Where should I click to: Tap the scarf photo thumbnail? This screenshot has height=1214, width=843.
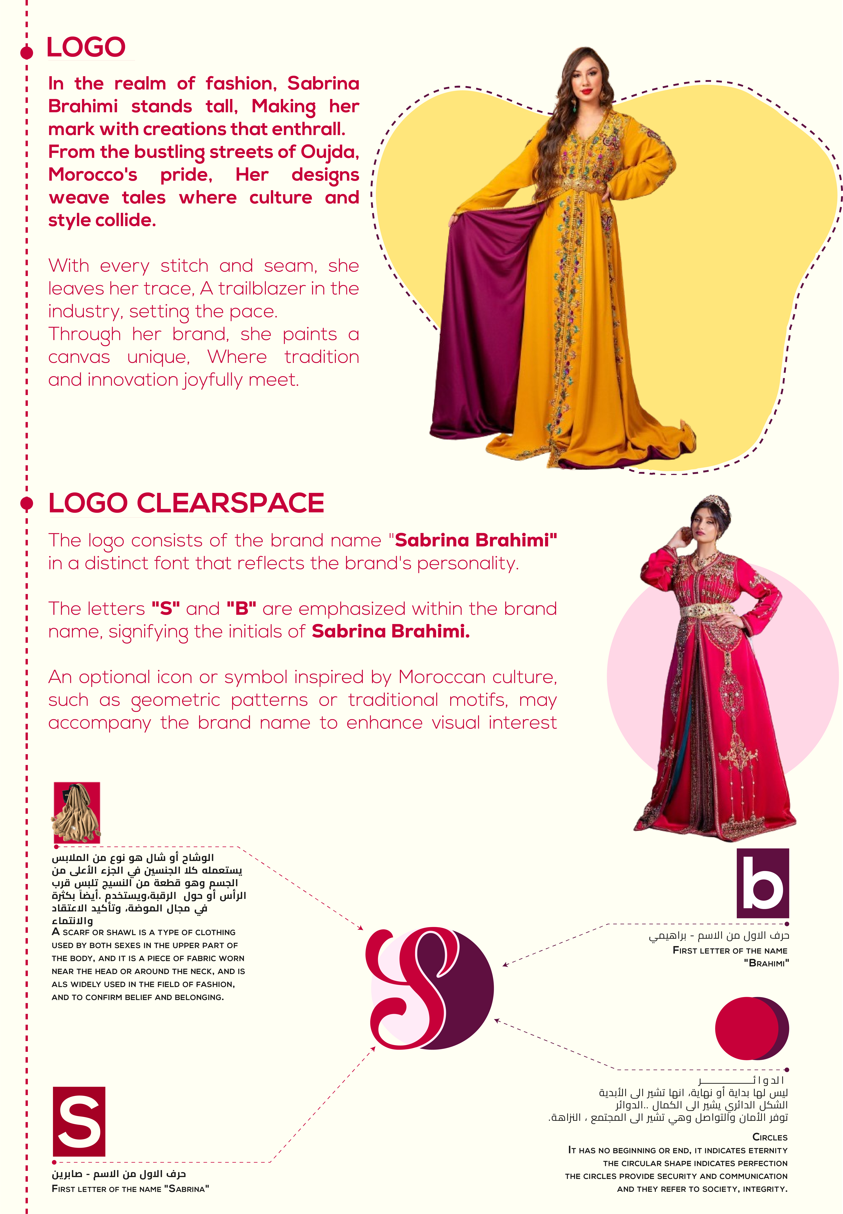point(77,812)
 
